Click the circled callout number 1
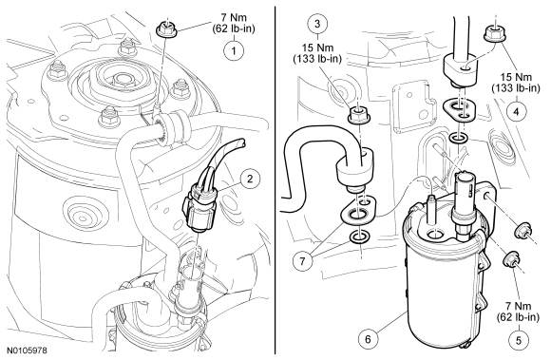point(234,50)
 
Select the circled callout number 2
point(250,180)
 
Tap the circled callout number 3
point(317,24)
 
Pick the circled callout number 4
point(516,112)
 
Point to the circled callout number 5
point(519,340)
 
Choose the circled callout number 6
point(368,339)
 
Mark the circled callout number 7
point(302,260)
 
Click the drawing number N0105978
point(27,351)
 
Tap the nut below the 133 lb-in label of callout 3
point(358,116)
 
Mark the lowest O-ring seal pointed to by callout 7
point(359,238)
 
